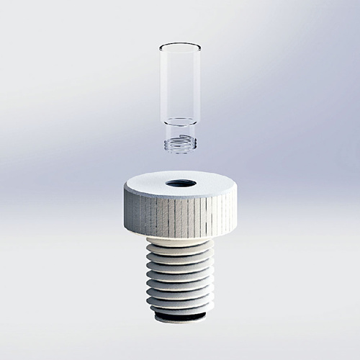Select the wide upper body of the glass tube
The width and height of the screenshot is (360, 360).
(x=177, y=83)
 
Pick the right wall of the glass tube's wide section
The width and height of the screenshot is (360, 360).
(x=195, y=83)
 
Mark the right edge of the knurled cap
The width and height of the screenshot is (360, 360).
(x=231, y=209)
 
